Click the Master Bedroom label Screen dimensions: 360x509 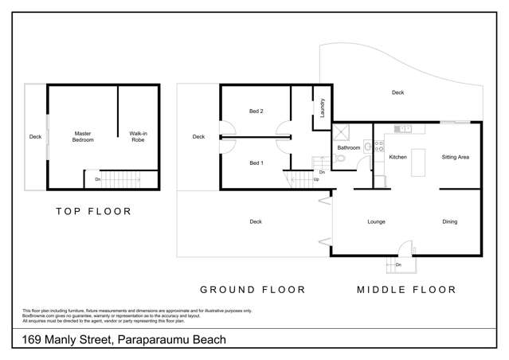84,136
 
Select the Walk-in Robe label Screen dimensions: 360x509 143,136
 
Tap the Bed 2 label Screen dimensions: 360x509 256,112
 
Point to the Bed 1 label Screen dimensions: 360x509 256,163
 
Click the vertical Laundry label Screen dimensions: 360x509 323,107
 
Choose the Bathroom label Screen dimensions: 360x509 349,148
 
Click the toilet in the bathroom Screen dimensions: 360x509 340,159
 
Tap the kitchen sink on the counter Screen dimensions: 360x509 405,128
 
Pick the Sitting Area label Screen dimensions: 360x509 455,157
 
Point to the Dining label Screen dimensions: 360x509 450,221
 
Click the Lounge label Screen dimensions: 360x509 377,221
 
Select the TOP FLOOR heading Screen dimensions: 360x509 93,212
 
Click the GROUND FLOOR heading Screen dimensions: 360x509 251,290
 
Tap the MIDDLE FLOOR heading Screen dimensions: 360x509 406,290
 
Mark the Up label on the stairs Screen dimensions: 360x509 316,179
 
